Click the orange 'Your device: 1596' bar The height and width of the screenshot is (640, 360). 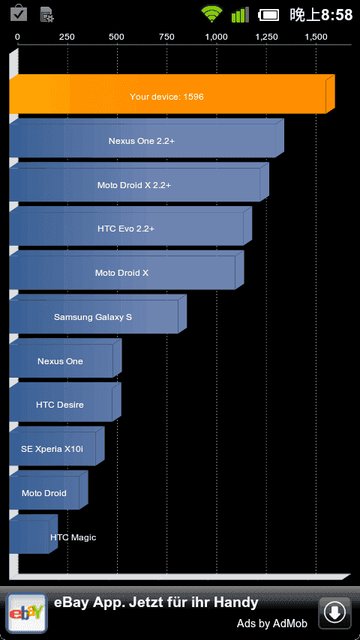172,94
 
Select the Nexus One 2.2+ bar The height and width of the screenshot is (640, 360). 146,138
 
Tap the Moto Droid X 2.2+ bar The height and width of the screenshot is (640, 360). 139,182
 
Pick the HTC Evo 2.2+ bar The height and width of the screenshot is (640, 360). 130,226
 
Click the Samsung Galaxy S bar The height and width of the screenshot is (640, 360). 97,314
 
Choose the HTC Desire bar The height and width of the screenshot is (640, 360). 65,402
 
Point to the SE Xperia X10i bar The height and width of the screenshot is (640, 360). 57,446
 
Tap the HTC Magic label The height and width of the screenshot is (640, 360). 73,537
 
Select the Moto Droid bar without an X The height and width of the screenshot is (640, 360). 48,490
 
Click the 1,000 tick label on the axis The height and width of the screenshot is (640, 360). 216,37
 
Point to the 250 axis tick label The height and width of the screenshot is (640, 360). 67,37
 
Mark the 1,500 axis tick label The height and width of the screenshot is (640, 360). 316,37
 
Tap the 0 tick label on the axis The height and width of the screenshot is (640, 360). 17,37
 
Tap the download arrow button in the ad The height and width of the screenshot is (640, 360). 334,613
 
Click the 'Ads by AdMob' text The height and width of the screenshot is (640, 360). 271,624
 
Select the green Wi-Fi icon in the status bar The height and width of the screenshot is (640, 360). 211,15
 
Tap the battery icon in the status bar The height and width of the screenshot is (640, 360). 268,15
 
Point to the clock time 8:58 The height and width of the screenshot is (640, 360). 337,15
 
